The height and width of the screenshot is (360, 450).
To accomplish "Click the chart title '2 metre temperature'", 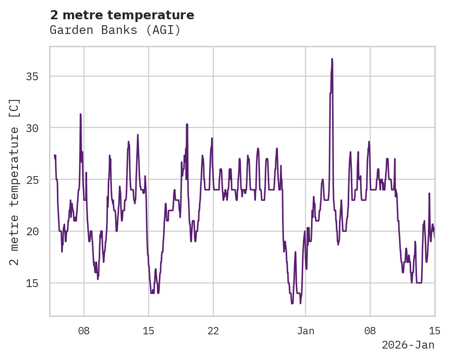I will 122,15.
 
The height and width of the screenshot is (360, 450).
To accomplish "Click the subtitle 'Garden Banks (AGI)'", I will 115,30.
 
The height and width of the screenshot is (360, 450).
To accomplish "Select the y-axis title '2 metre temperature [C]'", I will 14,182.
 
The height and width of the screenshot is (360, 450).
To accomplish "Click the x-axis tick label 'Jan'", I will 306,331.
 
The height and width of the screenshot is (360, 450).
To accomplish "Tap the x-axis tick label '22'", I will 213,331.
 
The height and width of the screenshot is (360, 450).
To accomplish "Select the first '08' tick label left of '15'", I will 84,331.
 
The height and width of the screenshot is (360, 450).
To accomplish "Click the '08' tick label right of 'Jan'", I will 370,331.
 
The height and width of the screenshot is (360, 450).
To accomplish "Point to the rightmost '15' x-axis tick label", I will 434,331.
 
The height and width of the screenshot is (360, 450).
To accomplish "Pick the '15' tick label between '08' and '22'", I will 149,331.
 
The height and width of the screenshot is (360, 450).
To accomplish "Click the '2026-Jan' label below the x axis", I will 408,345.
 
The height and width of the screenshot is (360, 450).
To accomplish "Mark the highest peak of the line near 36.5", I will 332,59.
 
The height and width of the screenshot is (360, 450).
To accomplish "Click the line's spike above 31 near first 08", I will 80,114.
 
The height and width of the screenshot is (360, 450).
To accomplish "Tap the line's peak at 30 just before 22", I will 187,124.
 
